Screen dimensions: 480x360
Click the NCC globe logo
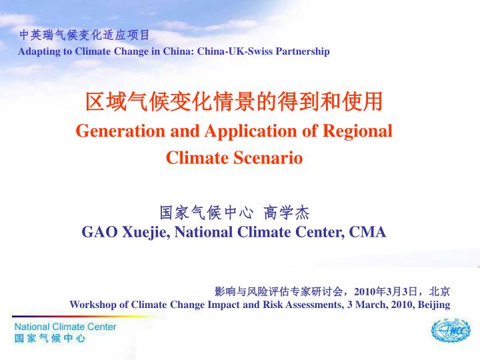coord(451,330)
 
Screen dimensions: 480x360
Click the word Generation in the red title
coord(121,131)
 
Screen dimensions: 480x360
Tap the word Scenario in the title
coord(268,158)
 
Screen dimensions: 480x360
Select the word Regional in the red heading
coord(357,131)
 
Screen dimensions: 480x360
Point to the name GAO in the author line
coord(99,232)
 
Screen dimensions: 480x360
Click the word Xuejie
coord(146,233)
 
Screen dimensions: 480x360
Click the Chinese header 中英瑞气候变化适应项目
coord(84,35)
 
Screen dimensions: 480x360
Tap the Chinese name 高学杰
coord(287,213)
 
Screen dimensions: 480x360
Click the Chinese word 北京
coord(439,291)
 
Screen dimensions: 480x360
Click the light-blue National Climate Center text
coord(65,327)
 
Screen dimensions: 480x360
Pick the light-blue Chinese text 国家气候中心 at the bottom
coord(50,338)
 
